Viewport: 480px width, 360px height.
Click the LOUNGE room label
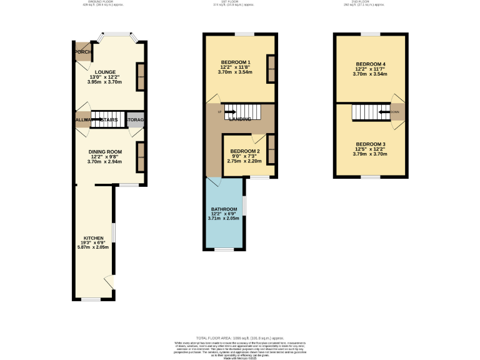coord(105,72)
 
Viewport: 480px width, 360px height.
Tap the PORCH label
coord(81,52)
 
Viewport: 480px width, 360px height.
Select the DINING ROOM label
coord(104,151)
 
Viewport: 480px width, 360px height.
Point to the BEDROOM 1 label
coord(236,62)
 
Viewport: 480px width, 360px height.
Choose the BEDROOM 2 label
coord(244,151)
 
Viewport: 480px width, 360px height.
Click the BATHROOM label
coord(224,209)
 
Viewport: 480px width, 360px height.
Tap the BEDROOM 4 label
coord(371,64)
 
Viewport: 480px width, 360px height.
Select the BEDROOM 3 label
coord(371,144)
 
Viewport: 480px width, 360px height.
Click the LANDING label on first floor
coord(240,119)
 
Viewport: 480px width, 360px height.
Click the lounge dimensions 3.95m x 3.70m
coord(104,82)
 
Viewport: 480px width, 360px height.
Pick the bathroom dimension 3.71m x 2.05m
coord(223,218)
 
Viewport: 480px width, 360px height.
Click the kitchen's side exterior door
coord(110,282)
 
